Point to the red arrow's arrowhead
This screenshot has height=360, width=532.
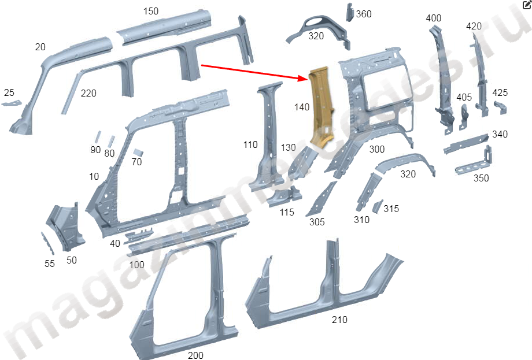[x=302, y=79]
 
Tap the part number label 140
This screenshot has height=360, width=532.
[x=302, y=107]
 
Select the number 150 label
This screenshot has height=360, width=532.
[x=151, y=11]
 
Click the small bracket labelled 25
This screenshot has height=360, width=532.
[x=12, y=103]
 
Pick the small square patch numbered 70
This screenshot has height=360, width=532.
[x=138, y=152]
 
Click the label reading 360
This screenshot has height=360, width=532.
[x=363, y=14]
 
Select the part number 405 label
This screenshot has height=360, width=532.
[x=464, y=97]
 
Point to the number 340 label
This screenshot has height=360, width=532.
[x=500, y=134]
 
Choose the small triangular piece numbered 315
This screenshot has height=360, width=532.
[x=377, y=206]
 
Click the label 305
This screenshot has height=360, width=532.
[x=317, y=222]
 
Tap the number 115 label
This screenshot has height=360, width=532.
[x=287, y=212]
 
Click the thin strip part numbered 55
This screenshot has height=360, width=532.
[x=47, y=243]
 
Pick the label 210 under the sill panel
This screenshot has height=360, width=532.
[x=339, y=320]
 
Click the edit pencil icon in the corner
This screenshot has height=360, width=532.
[x=527, y=5]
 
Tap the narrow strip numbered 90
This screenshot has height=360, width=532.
[x=98, y=136]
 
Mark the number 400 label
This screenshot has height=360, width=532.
[x=433, y=18]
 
